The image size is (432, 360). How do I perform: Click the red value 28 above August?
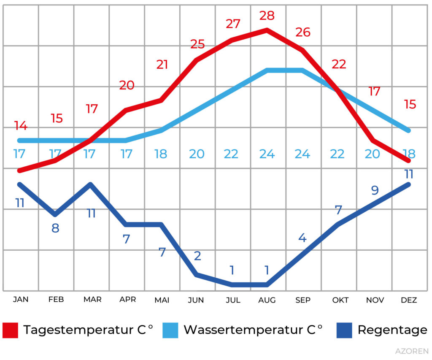click(267, 16)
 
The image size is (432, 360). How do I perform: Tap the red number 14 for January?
click(20, 125)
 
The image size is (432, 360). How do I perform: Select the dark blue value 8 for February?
click(55, 228)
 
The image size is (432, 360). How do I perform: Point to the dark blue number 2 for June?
click(197, 256)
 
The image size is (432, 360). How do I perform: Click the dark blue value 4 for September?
click(302, 238)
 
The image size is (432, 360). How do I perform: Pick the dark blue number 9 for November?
click(375, 190)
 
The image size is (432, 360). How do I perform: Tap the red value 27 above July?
click(233, 24)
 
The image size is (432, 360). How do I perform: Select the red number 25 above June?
click(197, 44)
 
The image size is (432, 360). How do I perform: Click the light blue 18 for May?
click(161, 154)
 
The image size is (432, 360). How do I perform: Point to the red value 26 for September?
click(303, 32)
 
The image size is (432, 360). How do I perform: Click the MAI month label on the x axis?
click(162, 300)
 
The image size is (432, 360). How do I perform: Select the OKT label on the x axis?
click(340, 300)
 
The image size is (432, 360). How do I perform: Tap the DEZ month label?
click(409, 300)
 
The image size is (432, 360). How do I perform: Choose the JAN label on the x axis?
click(21, 300)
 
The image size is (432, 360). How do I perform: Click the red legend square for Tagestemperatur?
click(11, 330)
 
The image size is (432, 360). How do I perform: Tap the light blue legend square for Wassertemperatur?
click(170, 330)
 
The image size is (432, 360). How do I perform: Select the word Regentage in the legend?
click(392, 330)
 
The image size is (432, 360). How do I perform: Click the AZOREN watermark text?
click(412, 351)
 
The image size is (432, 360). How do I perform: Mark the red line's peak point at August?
click(267, 30)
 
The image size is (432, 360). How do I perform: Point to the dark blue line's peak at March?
click(90, 184)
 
